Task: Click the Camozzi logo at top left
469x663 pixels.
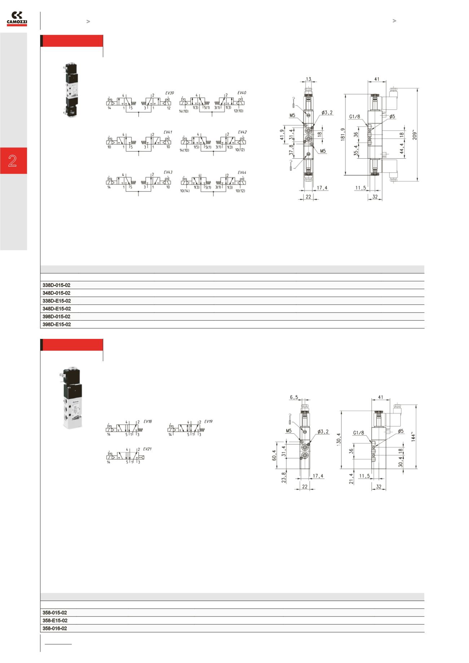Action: click(17, 19)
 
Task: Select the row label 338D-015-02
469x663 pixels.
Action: click(56, 285)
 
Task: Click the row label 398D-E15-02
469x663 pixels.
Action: click(57, 324)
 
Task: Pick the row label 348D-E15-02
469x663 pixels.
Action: click(57, 309)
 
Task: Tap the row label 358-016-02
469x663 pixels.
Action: click(55, 628)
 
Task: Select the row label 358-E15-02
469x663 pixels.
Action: click(55, 620)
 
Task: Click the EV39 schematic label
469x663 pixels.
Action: click(170, 93)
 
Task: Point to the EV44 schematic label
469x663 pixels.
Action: click(242, 173)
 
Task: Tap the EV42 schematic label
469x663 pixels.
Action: click(242, 132)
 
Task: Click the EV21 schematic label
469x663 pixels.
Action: click(147, 449)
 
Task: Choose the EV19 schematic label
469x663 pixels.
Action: click(209, 421)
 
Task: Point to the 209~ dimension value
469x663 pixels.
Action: click(415, 135)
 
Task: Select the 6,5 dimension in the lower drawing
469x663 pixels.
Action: click(294, 397)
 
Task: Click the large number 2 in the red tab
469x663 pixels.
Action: click(13, 161)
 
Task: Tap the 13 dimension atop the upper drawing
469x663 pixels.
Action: click(308, 79)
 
